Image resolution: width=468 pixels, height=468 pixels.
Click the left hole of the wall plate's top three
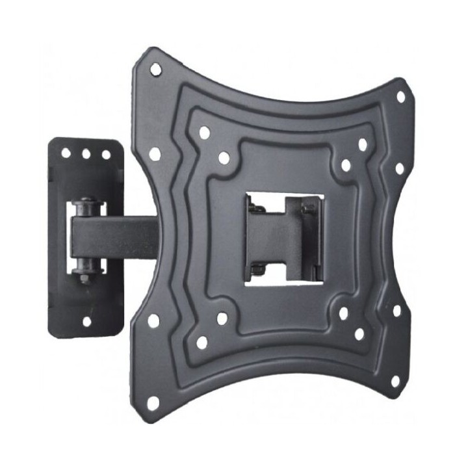(x=66, y=154)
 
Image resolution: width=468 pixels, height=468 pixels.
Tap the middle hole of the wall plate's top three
(x=86, y=155)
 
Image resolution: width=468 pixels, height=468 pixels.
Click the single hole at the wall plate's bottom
(x=86, y=320)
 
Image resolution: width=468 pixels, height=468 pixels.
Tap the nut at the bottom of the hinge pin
(x=85, y=278)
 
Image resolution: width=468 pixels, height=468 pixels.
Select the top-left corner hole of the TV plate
(x=155, y=68)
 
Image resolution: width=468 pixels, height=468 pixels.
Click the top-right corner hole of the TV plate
(x=400, y=97)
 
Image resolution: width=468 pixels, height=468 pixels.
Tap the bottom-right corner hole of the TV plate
(x=394, y=381)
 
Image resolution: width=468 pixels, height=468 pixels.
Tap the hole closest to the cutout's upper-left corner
(x=224, y=157)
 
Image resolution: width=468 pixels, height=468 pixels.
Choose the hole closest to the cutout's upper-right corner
(x=346, y=165)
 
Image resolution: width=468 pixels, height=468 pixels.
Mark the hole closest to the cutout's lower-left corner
(x=222, y=318)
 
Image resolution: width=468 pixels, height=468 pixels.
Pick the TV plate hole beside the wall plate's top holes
(x=155, y=154)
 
